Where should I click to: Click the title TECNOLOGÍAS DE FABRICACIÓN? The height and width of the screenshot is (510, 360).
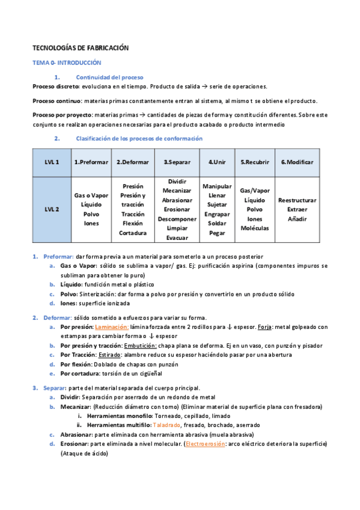tap(80, 48)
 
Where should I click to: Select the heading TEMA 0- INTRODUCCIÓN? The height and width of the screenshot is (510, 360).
tap(66, 63)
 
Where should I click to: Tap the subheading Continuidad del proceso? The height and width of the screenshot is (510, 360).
tap(109, 78)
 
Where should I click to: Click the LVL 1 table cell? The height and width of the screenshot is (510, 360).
tap(52, 162)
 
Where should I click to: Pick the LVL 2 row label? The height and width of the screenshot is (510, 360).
tap(52, 209)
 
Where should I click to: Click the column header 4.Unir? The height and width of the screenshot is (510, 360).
tap(217, 162)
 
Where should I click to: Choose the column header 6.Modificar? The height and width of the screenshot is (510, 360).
tap(297, 162)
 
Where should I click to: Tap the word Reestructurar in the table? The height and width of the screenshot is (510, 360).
tap(297, 200)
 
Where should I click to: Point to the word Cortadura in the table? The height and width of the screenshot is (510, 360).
tap(133, 233)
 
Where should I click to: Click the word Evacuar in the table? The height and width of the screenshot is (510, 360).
tap(177, 238)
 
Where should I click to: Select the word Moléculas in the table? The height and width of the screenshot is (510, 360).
tap(255, 228)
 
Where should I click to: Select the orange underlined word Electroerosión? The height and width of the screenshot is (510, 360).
tap(206, 443)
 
